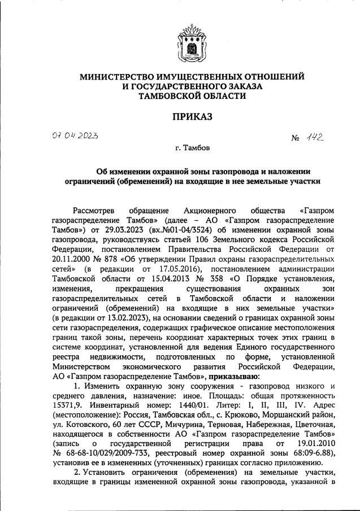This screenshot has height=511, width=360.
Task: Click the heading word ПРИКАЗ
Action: [x=192, y=117]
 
